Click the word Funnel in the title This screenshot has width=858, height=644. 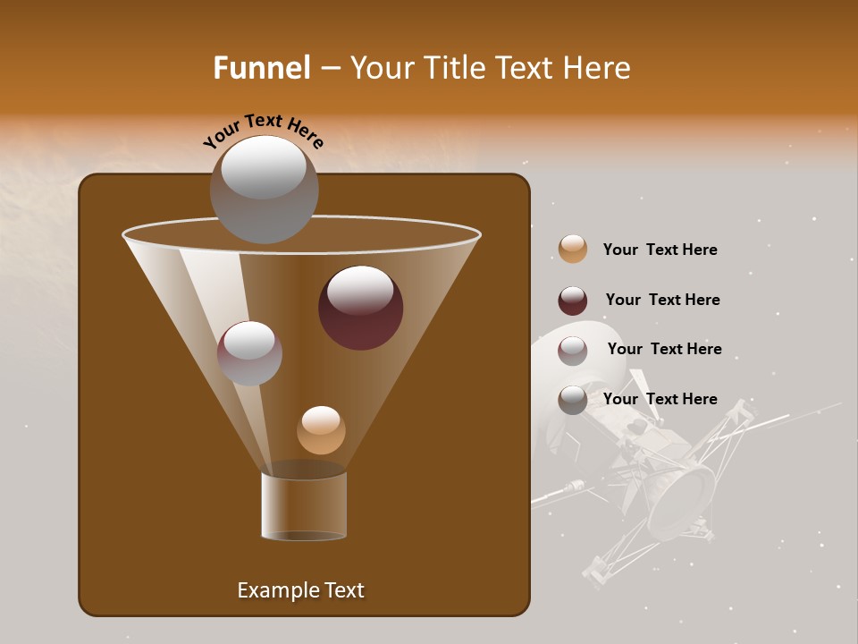coord(262,68)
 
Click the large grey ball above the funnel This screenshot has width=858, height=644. coord(264,190)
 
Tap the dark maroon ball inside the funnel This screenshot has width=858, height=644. coord(360,309)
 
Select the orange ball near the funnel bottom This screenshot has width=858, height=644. coord(321,430)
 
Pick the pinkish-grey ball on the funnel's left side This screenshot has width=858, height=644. coord(249,353)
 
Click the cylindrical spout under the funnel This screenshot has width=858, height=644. coord(304,505)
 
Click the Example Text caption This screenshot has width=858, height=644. coord(300,590)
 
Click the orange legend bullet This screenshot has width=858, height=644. coord(573,250)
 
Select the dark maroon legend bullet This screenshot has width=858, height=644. coord(573,301)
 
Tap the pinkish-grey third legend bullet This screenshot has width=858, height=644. coord(573,351)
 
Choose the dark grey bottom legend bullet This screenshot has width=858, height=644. coord(573,400)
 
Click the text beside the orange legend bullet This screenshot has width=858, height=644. coord(660,250)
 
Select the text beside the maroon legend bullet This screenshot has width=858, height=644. coord(662,301)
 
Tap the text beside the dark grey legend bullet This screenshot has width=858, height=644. coord(660,399)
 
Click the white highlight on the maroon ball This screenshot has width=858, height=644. coord(360,290)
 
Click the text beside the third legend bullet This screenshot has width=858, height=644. coord(664,350)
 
